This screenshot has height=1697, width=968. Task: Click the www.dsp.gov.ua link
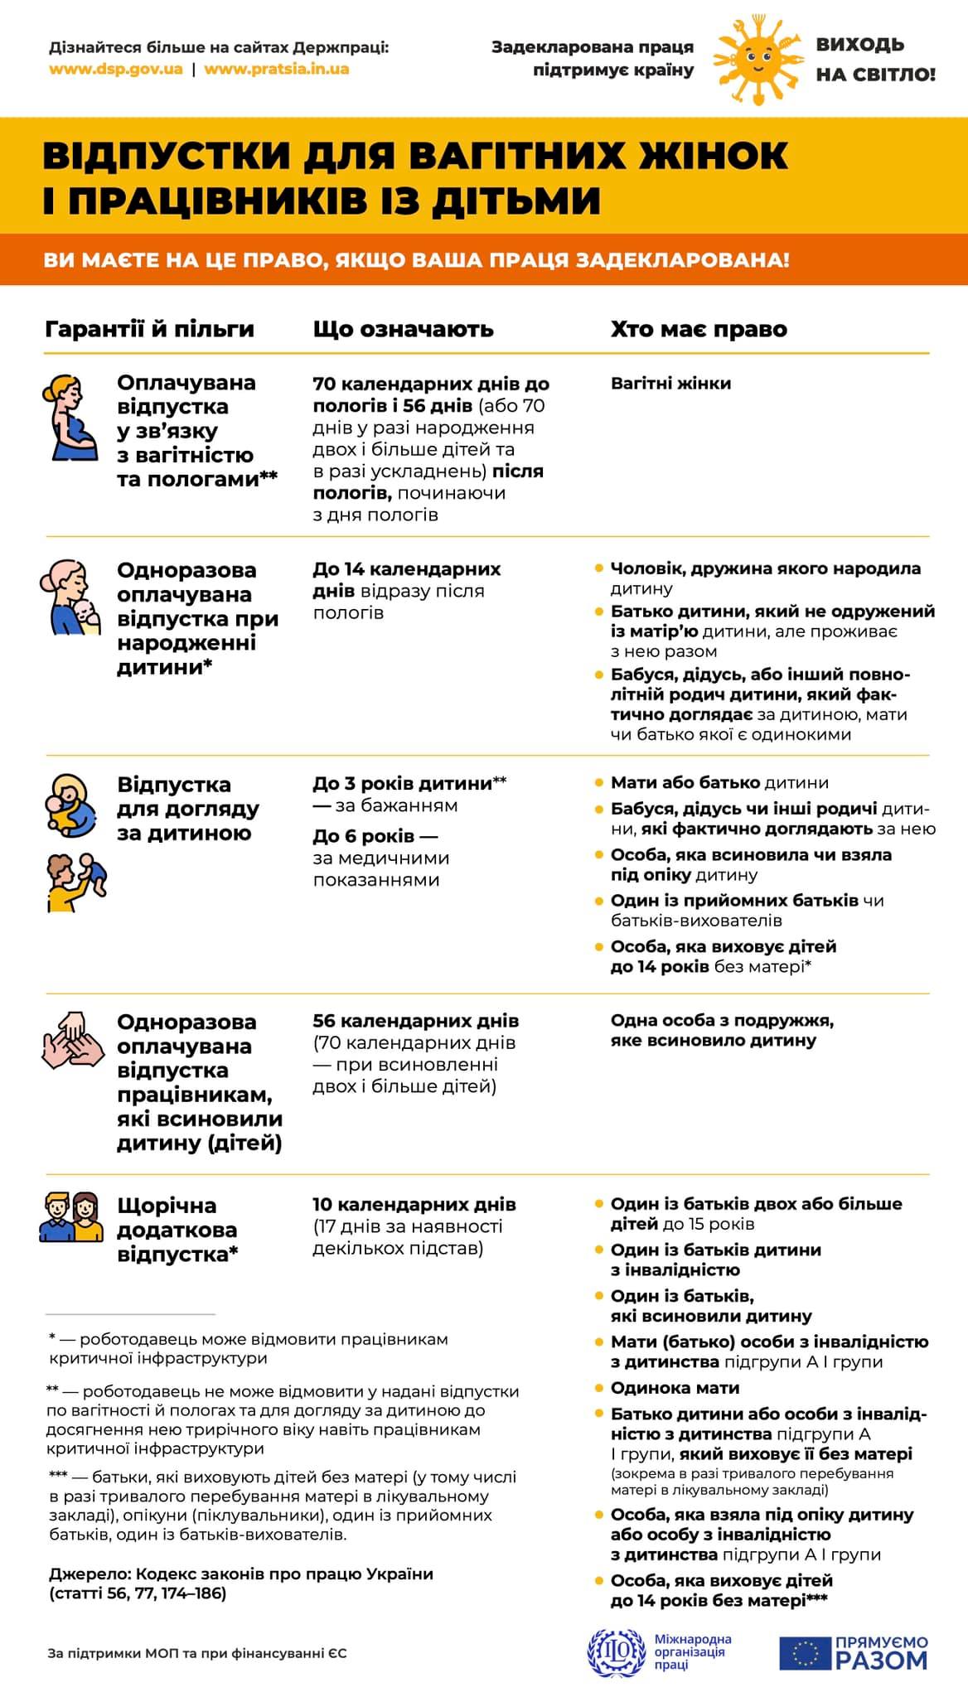coord(116,69)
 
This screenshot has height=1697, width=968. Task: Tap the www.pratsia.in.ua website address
coord(276,69)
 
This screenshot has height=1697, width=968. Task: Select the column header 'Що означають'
coord(403,329)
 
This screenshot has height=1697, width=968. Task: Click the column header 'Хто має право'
coord(699,329)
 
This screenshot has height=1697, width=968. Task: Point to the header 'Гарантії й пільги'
coord(149,329)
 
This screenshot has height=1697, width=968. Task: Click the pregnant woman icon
coord(70,418)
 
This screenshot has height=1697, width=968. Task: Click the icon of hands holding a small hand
coord(72,1039)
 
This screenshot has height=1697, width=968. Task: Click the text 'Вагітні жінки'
coord(670,384)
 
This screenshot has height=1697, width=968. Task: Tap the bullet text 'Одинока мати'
coord(675,1388)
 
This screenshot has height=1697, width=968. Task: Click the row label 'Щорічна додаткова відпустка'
coord(177,1230)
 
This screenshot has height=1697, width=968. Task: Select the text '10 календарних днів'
coord(414,1204)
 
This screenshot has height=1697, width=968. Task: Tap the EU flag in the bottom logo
coord(805,1653)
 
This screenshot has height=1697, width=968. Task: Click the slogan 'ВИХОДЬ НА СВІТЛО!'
coord(874,60)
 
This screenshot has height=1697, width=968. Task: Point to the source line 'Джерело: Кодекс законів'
coord(240,1574)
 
